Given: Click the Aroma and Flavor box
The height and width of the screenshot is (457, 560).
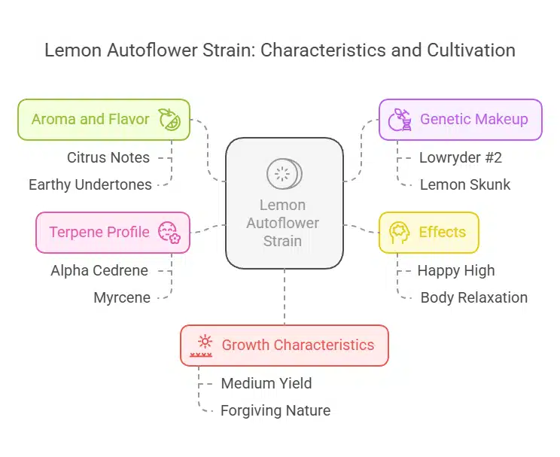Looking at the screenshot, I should (104, 120).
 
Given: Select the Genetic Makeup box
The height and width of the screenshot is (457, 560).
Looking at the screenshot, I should (460, 120).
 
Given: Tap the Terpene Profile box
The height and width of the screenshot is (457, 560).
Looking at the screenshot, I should (113, 232).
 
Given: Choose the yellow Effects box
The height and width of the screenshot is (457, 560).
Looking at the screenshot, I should (428, 232).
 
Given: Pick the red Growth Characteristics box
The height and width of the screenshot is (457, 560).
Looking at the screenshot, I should (285, 345).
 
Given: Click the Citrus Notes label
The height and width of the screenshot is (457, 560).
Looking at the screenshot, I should (108, 157).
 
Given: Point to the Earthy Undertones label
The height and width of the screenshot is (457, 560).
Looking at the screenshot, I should (90, 184).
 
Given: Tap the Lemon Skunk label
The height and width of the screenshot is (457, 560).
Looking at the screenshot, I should (465, 184).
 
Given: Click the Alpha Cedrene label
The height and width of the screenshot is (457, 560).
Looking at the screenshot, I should (99, 270).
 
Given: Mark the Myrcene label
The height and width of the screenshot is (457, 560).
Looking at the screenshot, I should (122, 297).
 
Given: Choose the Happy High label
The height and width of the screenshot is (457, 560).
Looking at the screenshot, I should (456, 270).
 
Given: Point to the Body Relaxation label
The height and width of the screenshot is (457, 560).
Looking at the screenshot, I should (474, 297).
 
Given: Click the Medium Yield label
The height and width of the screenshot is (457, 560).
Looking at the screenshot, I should (266, 383).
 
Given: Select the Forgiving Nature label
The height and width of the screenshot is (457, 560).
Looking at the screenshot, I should (275, 410).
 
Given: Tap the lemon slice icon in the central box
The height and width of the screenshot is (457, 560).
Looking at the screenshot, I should (284, 175).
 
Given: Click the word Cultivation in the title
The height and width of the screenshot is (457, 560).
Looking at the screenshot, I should (462, 50).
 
